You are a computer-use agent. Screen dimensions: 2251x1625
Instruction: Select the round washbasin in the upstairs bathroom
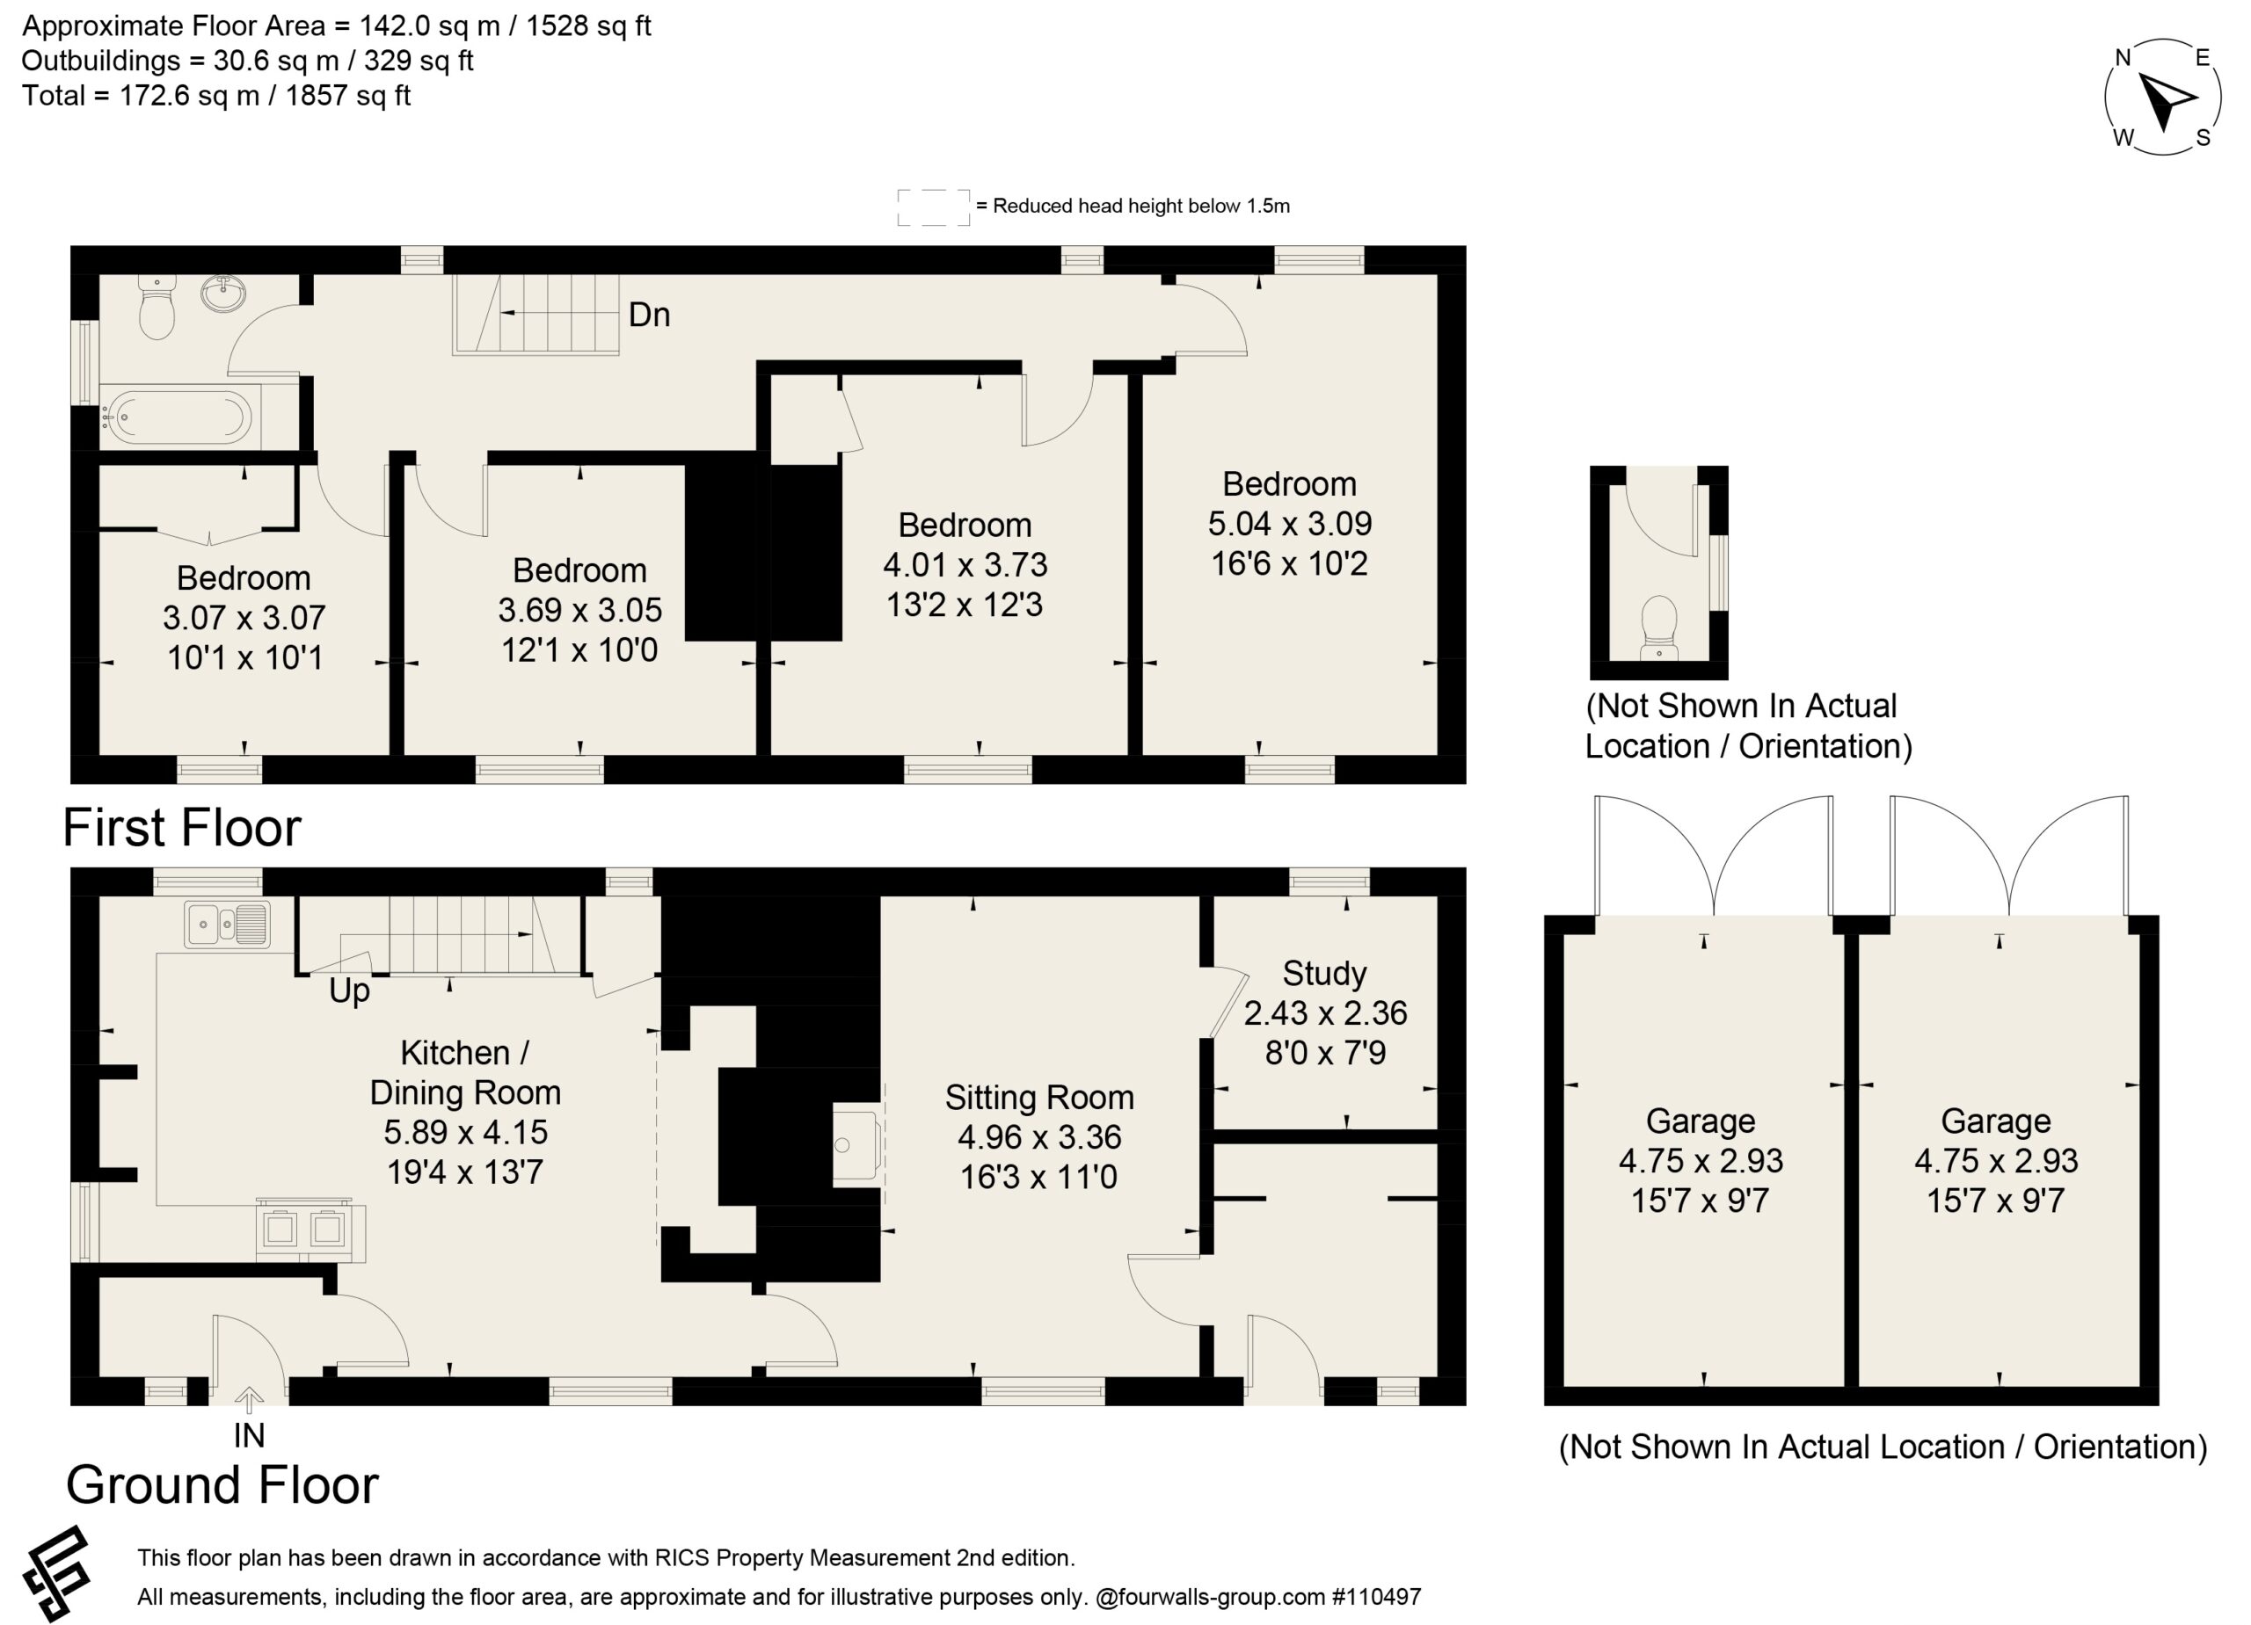(x=224, y=294)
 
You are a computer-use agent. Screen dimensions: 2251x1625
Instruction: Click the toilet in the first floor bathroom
(x=157, y=308)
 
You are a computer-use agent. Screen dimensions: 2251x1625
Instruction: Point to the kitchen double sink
(x=226, y=925)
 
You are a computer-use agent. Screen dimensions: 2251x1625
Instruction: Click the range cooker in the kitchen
(x=310, y=1230)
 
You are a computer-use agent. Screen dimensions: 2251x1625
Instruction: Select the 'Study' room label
(x=1324, y=973)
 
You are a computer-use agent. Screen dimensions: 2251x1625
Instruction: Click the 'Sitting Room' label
(x=1039, y=1097)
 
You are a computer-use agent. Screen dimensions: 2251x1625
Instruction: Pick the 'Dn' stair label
(x=649, y=316)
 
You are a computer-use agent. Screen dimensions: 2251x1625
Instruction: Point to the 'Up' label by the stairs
(x=349, y=991)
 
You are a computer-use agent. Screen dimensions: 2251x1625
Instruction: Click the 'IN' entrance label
(x=249, y=1435)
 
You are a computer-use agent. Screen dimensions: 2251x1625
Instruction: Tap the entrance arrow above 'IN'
(x=249, y=1400)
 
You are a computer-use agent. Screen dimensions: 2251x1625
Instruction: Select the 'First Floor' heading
(x=182, y=827)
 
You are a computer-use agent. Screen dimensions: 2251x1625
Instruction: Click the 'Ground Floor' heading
(x=222, y=1484)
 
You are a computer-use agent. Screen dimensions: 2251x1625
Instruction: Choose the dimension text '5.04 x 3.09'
(x=1289, y=524)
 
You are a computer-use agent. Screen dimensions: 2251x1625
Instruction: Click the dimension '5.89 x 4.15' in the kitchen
(x=465, y=1132)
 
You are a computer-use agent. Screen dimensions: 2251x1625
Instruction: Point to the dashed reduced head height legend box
(x=933, y=207)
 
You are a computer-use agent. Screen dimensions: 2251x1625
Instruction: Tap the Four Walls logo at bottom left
(x=56, y=1573)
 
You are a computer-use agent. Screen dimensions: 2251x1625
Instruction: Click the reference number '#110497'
(x=1377, y=1596)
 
